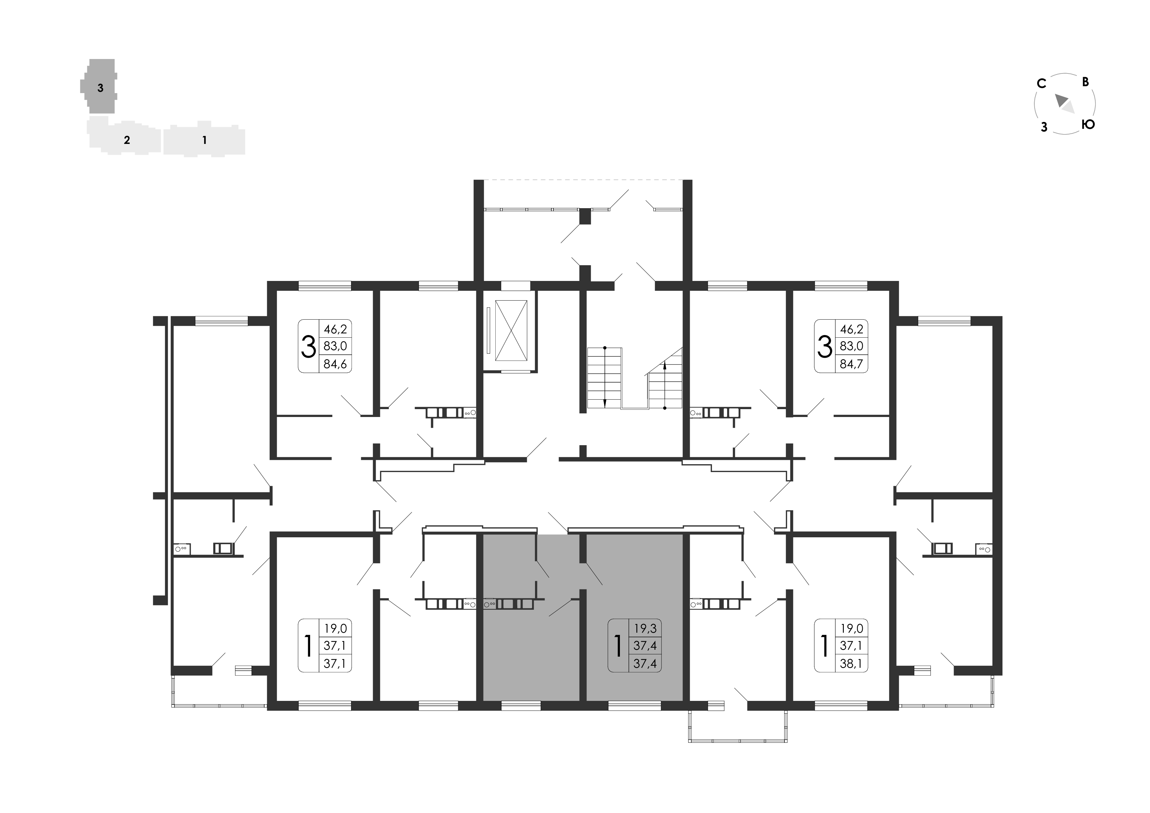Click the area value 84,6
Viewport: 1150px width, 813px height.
(x=335, y=364)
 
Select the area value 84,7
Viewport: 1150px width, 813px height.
(x=851, y=364)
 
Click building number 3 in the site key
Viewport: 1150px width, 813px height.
(x=101, y=88)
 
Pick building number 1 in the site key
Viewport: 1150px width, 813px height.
(x=204, y=140)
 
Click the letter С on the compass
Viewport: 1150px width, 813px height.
(x=1042, y=84)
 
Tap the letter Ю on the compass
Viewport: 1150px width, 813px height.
(x=1088, y=124)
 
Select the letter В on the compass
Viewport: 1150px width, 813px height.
(x=1086, y=82)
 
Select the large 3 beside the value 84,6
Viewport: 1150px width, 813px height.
(x=308, y=346)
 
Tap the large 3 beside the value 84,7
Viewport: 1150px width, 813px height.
(x=824, y=346)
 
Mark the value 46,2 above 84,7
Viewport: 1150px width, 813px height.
(x=851, y=329)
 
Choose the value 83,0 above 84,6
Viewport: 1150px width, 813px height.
(x=335, y=346)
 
